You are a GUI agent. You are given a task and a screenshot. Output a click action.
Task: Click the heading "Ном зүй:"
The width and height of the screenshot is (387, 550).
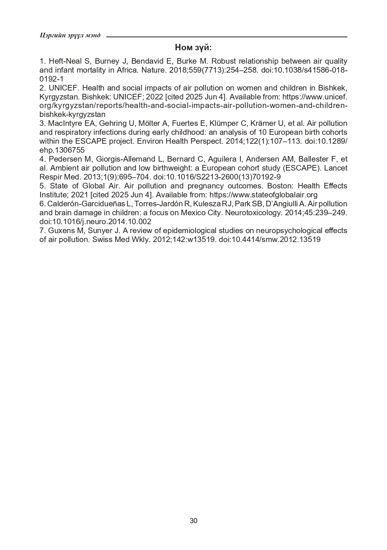(x=193, y=48)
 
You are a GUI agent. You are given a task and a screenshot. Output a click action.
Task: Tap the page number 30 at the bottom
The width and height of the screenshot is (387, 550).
(x=193, y=521)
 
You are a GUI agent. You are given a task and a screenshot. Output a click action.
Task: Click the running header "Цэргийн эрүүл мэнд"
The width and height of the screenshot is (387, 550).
(x=70, y=35)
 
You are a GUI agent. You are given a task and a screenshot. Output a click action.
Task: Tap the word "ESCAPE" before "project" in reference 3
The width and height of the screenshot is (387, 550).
(x=87, y=141)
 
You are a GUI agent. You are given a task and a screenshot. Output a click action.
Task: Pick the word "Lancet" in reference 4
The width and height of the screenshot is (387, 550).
(x=336, y=168)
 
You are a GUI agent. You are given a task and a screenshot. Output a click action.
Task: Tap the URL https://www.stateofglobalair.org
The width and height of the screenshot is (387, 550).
(x=263, y=195)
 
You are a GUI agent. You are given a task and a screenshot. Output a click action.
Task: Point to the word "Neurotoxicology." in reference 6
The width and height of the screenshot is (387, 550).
(x=253, y=213)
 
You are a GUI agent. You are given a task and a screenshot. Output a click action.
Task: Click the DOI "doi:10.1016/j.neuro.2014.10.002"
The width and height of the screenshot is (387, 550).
(x=95, y=222)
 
